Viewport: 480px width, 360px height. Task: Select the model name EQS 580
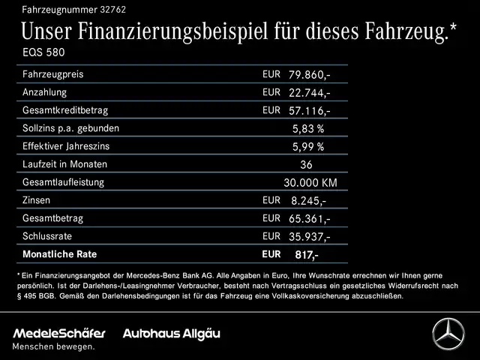(x=43, y=55)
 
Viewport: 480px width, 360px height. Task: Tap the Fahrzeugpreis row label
(x=52, y=75)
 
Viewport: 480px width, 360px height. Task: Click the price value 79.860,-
(x=309, y=75)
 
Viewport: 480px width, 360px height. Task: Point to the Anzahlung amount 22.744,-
(x=309, y=93)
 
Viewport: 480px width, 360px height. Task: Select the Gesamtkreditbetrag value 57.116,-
(x=309, y=111)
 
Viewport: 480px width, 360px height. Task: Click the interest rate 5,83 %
(x=307, y=129)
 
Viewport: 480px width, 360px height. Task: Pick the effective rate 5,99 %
(x=307, y=147)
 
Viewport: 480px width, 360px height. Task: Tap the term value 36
(x=305, y=165)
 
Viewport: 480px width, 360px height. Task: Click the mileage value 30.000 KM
(x=310, y=183)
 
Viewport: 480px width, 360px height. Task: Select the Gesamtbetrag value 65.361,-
(x=309, y=219)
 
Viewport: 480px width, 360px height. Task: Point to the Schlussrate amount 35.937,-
(x=309, y=237)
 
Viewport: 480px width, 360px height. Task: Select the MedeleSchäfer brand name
(x=59, y=332)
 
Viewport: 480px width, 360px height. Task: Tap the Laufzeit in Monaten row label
(x=65, y=164)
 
